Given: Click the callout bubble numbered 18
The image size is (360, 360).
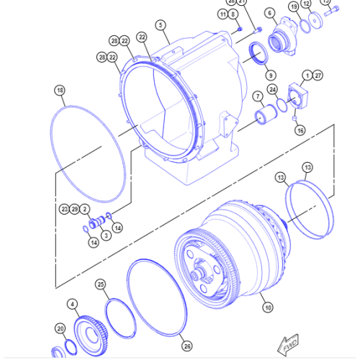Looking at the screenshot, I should pos(60,90).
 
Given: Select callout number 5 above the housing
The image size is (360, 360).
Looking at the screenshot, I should pos(161,24).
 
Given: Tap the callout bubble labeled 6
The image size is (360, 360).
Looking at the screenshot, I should pos(270,13).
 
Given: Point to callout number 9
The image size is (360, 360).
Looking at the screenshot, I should pos(270,75).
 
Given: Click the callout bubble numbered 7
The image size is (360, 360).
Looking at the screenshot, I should pos(257,96).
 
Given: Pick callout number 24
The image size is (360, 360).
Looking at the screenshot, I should pos(273,89).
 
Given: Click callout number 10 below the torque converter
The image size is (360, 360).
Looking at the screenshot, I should pos(268,307).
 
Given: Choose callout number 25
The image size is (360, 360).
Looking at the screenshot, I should pos(101,284).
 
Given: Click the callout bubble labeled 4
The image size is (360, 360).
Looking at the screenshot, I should pos(71,304).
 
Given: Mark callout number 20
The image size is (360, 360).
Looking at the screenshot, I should pos(60,328).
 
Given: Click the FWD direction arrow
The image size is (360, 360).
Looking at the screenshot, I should pos(290,346).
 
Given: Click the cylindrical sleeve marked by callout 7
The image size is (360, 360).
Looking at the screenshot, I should pos(271,116).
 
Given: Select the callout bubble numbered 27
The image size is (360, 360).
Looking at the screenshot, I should pos(318,75).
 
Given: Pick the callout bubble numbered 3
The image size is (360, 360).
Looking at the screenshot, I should pos(105,234).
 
